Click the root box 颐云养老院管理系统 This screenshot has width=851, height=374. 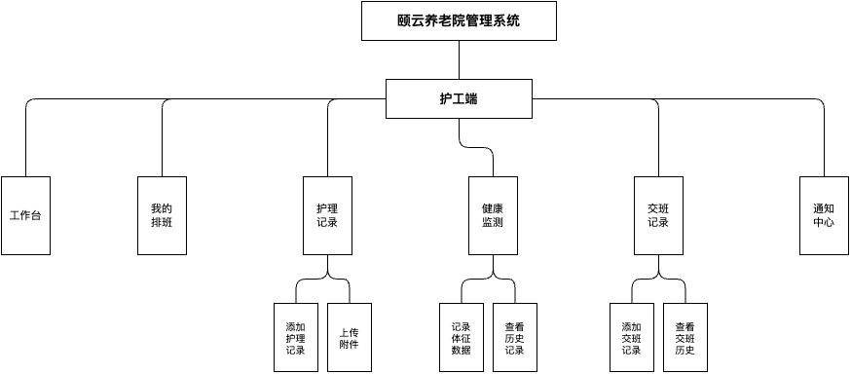point(459,20)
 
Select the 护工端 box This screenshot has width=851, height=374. point(459,98)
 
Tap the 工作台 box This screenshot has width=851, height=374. point(25,215)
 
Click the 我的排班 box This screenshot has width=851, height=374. point(162,215)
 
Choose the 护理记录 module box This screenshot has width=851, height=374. point(327,215)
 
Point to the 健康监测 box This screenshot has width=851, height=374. point(493,215)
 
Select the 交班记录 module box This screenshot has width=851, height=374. point(658,215)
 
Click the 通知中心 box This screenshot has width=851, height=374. point(824,215)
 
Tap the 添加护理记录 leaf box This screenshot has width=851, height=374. point(296,337)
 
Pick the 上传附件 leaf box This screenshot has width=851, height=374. point(349,337)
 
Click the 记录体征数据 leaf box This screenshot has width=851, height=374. point(462,337)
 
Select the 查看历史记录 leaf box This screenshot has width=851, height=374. point(514,337)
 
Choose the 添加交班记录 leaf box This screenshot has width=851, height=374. point(631,337)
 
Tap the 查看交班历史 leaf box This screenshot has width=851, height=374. point(684,337)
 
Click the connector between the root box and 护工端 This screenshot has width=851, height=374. point(459,59)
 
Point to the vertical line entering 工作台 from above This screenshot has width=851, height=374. point(25,146)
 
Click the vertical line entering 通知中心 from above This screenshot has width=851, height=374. point(824,146)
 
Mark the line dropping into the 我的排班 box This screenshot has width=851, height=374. point(162,146)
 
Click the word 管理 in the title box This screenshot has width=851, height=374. point(473,20)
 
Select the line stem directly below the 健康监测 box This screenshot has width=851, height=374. point(493,264)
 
